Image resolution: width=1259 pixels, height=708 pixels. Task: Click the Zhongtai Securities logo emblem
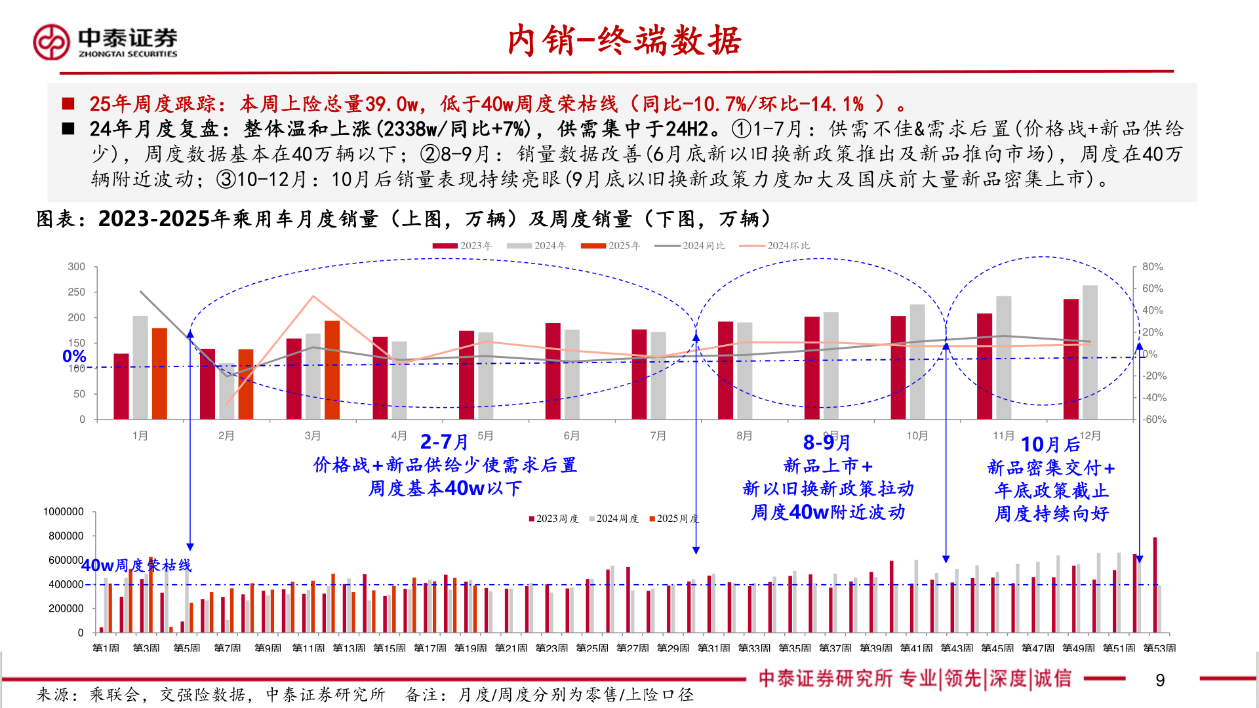(51, 43)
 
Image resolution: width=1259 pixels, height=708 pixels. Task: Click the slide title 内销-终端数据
(624, 41)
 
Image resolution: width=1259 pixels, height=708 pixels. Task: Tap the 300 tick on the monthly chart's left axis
(77, 267)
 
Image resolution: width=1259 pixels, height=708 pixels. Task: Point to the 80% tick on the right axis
(1152, 267)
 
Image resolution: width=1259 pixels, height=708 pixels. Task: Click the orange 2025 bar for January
(159, 374)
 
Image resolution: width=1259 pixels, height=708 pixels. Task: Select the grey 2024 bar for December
(1090, 352)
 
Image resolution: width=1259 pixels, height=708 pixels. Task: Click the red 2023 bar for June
(553, 371)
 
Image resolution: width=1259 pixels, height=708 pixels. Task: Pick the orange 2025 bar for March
(332, 370)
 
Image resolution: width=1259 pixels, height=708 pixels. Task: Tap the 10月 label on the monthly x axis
(917, 436)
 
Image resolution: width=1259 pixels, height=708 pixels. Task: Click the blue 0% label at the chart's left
(74, 356)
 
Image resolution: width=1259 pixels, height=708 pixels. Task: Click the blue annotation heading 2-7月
(444, 442)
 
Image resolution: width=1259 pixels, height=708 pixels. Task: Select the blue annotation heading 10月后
(1050, 444)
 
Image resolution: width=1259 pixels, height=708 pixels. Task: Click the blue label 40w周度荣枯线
(136, 565)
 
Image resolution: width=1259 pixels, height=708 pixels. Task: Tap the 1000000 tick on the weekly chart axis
(64, 512)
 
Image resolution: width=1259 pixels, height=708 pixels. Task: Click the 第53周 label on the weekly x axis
(1159, 648)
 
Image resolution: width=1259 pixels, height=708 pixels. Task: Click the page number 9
(1159, 680)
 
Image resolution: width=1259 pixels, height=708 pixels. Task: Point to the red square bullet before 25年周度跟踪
(68, 104)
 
